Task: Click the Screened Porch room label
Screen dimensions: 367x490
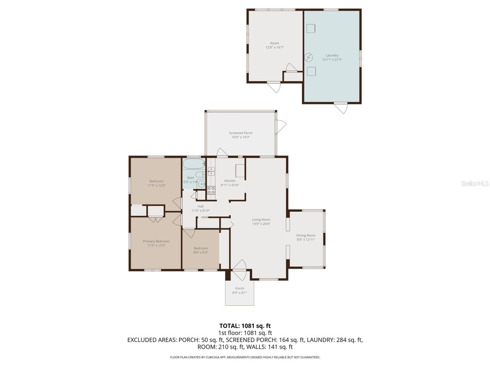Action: click(x=241, y=133)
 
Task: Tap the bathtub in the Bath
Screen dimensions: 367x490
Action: click(x=194, y=164)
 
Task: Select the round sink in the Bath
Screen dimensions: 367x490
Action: click(x=201, y=184)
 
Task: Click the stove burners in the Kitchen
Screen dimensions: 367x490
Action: click(x=211, y=190)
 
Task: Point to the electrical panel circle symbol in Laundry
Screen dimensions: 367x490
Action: click(x=308, y=57)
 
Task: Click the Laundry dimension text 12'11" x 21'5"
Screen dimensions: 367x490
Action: click(x=332, y=60)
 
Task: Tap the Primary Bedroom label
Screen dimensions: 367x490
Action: click(x=156, y=241)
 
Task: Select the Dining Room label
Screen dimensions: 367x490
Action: click(x=306, y=235)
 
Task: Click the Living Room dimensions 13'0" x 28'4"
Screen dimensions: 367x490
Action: click(x=261, y=224)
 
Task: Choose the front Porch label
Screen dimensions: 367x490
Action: click(x=239, y=288)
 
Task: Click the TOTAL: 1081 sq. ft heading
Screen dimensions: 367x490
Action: click(x=245, y=326)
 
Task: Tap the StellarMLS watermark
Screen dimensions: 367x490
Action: click(x=475, y=183)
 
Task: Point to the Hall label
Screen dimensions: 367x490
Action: click(x=201, y=206)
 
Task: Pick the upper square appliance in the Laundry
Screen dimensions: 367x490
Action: click(x=311, y=28)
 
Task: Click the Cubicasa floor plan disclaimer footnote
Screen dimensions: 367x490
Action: click(x=245, y=357)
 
